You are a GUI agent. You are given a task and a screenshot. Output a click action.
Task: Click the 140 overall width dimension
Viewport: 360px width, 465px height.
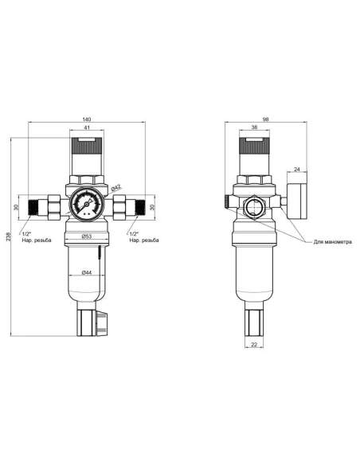pyautogui.click(x=86, y=120)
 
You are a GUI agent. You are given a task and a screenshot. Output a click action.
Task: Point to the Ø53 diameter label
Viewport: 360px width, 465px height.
pyautogui.click(x=86, y=236)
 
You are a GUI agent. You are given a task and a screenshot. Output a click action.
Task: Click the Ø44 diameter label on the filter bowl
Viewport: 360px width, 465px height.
pyautogui.click(x=86, y=272)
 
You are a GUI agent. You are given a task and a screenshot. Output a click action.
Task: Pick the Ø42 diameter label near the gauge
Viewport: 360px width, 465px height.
pyautogui.click(x=116, y=188)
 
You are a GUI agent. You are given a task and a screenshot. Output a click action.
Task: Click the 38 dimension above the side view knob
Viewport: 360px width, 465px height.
pyautogui.click(x=253, y=128)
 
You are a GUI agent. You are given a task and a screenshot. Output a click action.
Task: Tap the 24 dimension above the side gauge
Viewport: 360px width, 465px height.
pyautogui.click(x=295, y=170)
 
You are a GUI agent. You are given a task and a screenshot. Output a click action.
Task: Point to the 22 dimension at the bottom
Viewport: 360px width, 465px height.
pyautogui.click(x=252, y=344)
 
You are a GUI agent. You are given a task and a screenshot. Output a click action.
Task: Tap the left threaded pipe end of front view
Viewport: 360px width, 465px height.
pyautogui.click(x=34, y=209)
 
